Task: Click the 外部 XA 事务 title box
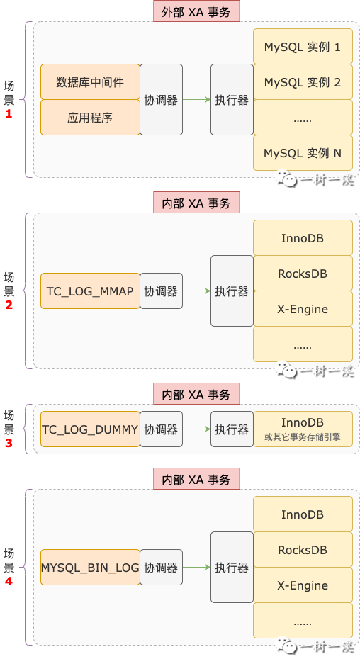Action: click(x=196, y=11)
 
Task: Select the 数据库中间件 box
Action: click(x=90, y=82)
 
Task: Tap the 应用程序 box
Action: click(x=90, y=118)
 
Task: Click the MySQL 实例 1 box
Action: click(x=303, y=47)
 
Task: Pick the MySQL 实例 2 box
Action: click(x=303, y=82)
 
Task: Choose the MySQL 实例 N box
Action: click(x=303, y=153)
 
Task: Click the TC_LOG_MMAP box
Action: click(x=90, y=291)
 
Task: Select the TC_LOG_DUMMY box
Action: click(x=90, y=429)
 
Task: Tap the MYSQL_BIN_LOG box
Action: click(x=90, y=568)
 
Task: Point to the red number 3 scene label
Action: click(x=9, y=443)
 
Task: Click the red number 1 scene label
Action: click(x=9, y=113)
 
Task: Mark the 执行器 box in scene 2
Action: click(x=232, y=291)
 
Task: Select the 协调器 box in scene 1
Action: click(x=161, y=100)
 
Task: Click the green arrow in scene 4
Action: click(x=196, y=568)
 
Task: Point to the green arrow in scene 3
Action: click(x=196, y=429)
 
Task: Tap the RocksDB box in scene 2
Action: click(x=303, y=274)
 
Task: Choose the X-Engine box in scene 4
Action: click(x=303, y=585)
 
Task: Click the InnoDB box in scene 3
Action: click(x=303, y=429)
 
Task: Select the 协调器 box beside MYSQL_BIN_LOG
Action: click(x=161, y=568)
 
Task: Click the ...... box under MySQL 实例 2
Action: click(x=303, y=118)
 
